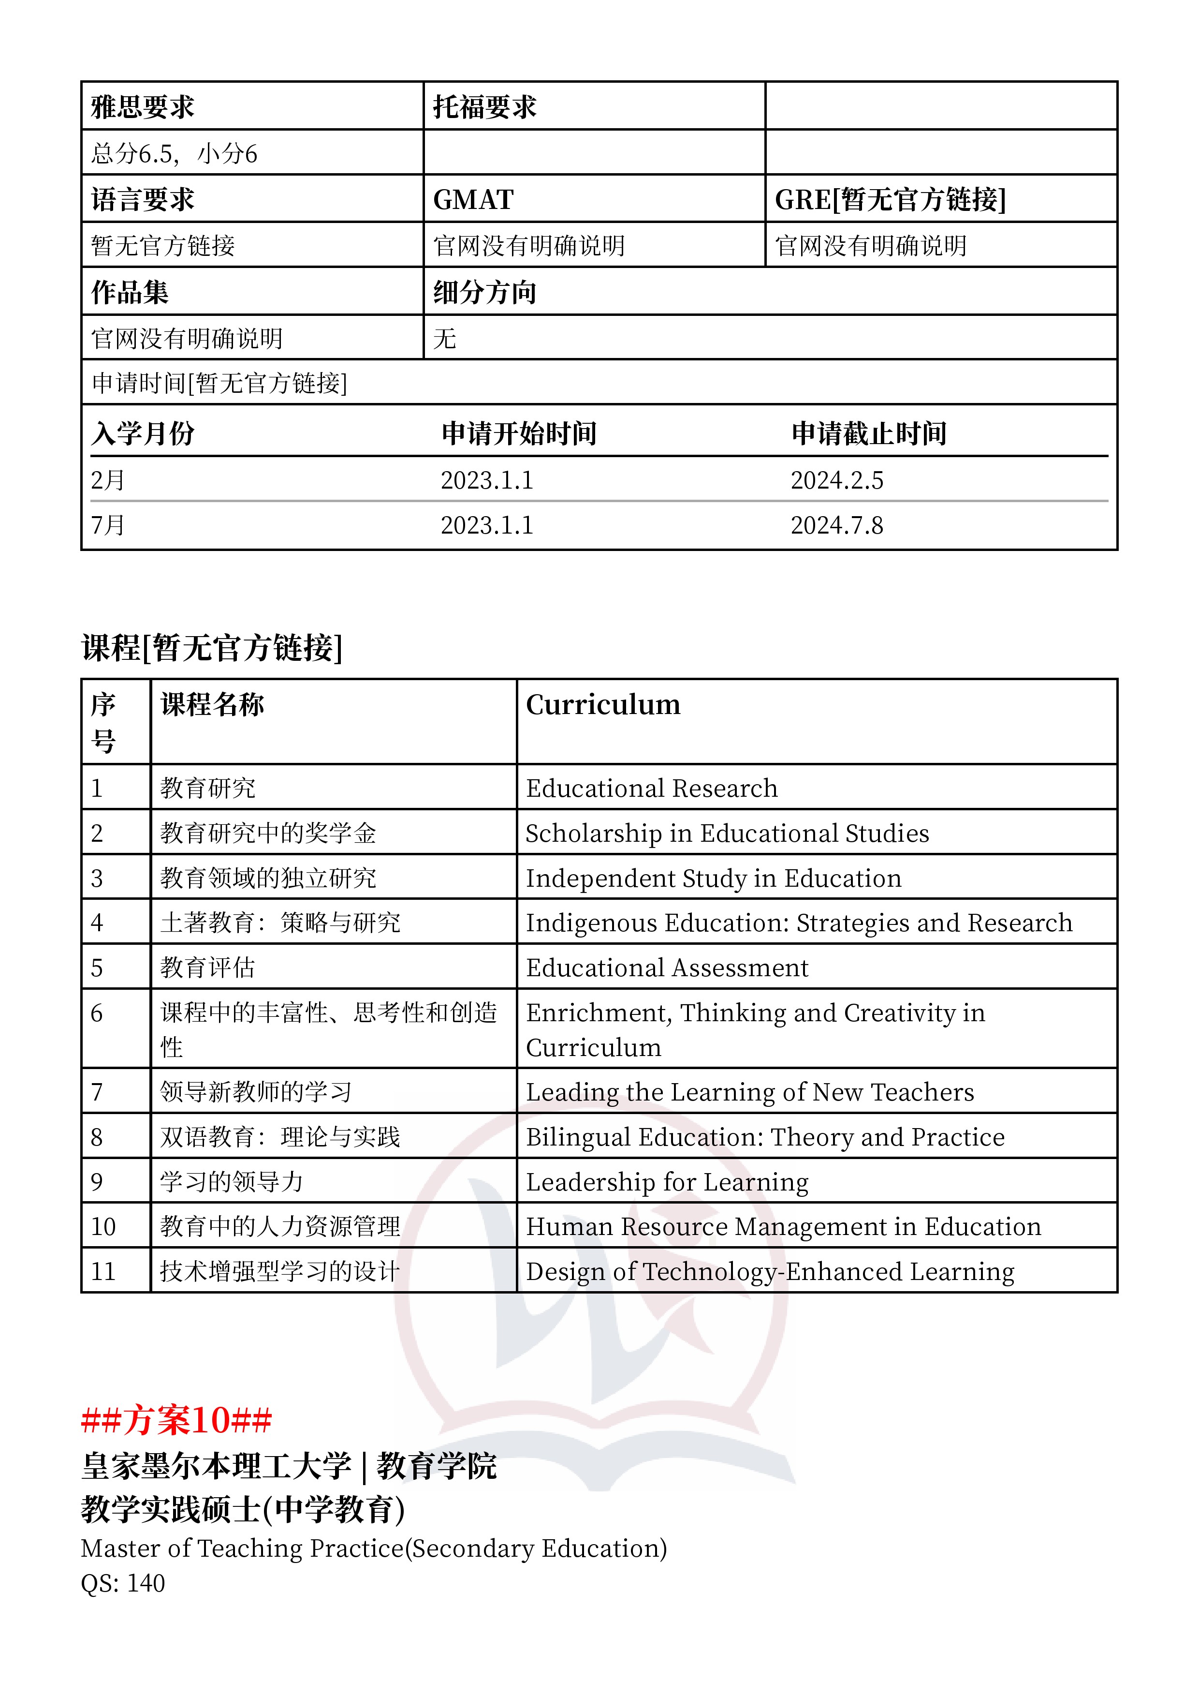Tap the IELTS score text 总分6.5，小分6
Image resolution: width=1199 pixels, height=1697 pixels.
(x=175, y=154)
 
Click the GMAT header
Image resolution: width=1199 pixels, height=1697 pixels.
(x=473, y=200)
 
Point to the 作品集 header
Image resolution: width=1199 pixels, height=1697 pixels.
(x=130, y=293)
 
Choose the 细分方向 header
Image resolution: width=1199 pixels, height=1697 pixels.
(x=484, y=293)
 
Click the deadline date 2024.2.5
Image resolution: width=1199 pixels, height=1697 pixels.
(x=836, y=480)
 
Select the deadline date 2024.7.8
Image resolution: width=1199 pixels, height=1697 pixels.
(x=836, y=525)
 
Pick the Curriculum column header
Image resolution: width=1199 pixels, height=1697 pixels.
(x=603, y=705)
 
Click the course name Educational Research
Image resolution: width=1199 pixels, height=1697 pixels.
(x=652, y=789)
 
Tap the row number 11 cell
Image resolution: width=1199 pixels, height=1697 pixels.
(x=103, y=1272)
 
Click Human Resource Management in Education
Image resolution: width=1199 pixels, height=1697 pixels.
(x=783, y=1227)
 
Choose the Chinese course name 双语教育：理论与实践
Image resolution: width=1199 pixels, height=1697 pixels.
(x=280, y=1137)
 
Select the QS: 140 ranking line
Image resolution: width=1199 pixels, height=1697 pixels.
(x=123, y=1584)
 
